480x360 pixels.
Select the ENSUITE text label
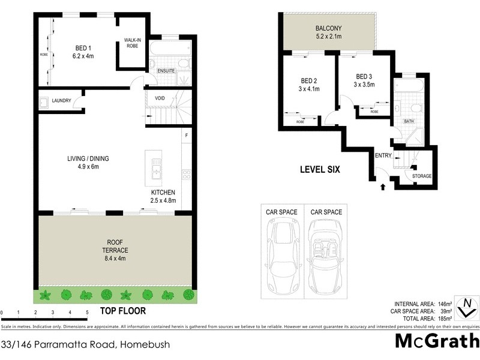tap(166, 71)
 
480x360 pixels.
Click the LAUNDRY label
tap(62, 101)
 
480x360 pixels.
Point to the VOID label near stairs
tap(160, 98)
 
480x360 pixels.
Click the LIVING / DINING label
tap(88, 159)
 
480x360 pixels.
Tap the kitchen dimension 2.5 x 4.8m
tap(163, 200)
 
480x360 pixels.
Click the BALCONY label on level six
tap(328, 28)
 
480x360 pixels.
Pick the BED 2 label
tap(310, 82)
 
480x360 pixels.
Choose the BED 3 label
tap(364, 77)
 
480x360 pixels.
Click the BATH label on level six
tap(409, 121)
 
